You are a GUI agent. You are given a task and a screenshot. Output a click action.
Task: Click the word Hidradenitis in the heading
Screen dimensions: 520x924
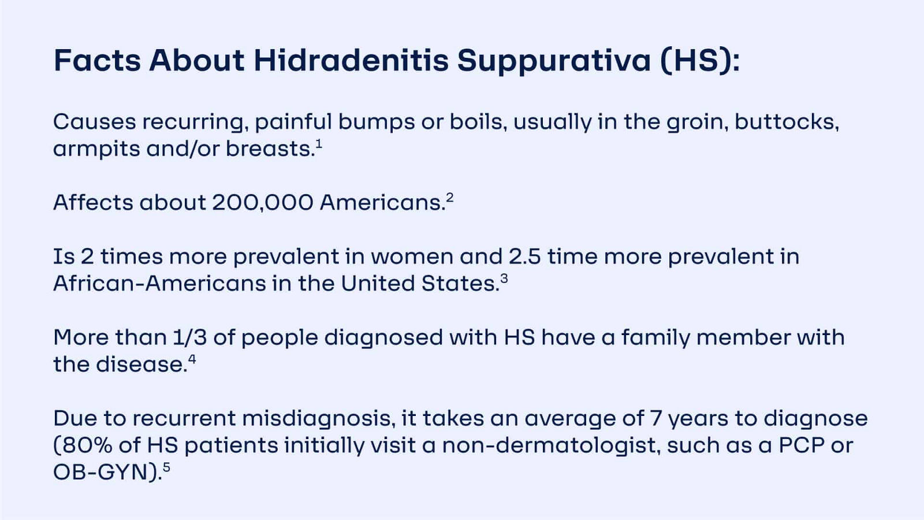(351, 61)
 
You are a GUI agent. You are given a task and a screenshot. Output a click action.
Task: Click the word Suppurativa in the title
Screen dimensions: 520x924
(554, 61)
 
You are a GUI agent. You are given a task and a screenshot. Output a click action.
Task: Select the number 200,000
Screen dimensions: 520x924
(262, 203)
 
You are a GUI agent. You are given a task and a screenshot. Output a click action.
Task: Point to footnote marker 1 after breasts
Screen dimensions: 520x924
(319, 143)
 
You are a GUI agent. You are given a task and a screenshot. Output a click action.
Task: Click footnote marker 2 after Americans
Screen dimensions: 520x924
(450, 197)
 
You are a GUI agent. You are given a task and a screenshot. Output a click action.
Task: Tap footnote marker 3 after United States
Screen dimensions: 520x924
(504, 278)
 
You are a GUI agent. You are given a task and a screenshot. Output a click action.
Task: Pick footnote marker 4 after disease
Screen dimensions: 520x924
(192, 359)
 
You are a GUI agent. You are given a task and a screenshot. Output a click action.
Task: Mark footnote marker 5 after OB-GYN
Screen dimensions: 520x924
(166, 467)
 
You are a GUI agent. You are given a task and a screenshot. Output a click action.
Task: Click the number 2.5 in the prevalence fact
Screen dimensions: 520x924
(524, 257)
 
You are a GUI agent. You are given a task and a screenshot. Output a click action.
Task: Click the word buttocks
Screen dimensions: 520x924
(786, 122)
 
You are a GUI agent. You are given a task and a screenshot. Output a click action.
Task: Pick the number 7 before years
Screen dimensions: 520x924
(655, 418)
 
